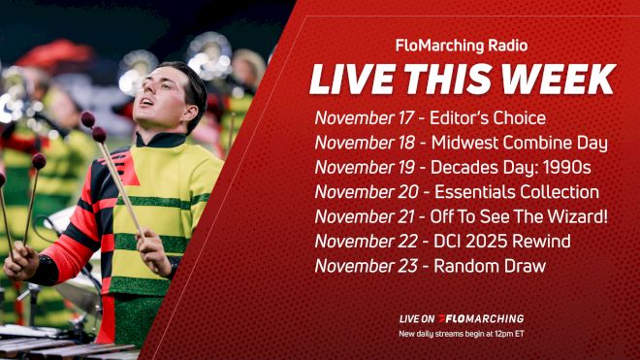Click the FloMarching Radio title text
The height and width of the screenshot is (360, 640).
point(462,45)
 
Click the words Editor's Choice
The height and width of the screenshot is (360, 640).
point(491,118)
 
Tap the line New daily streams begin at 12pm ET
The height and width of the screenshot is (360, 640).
point(461,334)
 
